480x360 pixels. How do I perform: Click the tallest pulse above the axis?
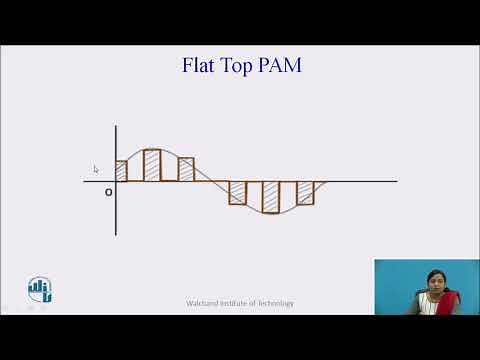[x=152, y=165]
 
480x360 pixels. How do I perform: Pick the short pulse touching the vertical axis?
[x=121, y=171]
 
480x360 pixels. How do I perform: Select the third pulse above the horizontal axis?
[x=186, y=169]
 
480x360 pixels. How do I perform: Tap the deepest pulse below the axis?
[x=271, y=196]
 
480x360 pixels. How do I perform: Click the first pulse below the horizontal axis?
[x=238, y=192]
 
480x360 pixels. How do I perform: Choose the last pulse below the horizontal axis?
[x=305, y=192]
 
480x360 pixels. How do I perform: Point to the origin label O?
[x=108, y=192]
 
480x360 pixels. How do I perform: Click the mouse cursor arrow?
[x=96, y=169]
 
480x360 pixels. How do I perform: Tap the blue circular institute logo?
[x=40, y=289]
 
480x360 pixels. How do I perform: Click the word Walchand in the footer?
[x=203, y=303]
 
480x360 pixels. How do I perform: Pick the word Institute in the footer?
[x=236, y=303]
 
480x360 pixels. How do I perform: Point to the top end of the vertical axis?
[x=116, y=126]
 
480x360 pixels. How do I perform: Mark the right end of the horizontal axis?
[x=396, y=182]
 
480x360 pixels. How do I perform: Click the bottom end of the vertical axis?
[x=116, y=235]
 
